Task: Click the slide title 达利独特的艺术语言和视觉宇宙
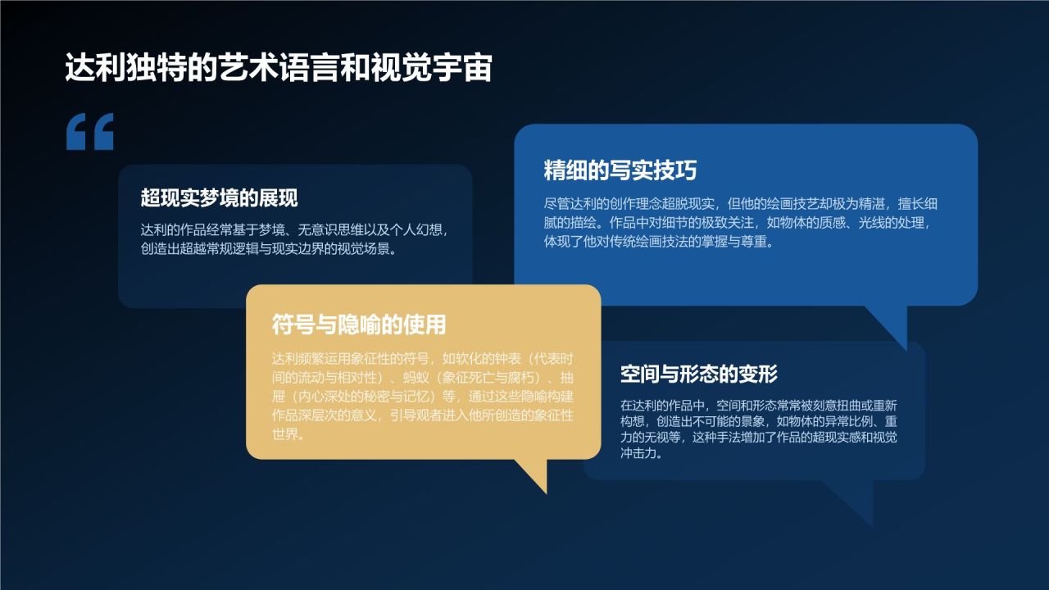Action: tap(278, 69)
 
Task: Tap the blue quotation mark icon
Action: tap(90, 132)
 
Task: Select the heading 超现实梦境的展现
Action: tap(219, 198)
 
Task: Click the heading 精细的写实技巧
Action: tap(620, 170)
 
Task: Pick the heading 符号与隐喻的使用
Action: tap(359, 324)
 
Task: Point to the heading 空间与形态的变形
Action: tap(699, 374)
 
